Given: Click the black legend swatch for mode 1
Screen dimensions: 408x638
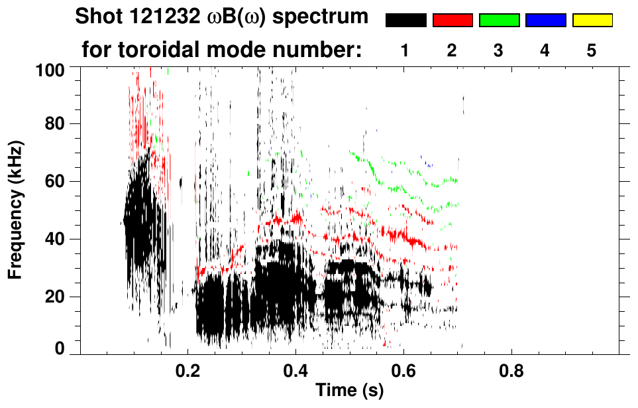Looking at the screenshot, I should [405, 21].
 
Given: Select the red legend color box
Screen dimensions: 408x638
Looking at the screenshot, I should [452, 21].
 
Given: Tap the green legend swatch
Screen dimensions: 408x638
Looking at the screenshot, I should [499, 21].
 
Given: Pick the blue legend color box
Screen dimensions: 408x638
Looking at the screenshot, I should [545, 21].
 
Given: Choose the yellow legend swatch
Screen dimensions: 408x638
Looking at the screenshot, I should [592, 21].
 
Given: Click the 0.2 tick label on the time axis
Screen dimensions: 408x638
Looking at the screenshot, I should [188, 372].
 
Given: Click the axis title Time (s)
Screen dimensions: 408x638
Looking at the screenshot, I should [349, 391].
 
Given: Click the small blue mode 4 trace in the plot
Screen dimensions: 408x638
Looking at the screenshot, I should [428, 162].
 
